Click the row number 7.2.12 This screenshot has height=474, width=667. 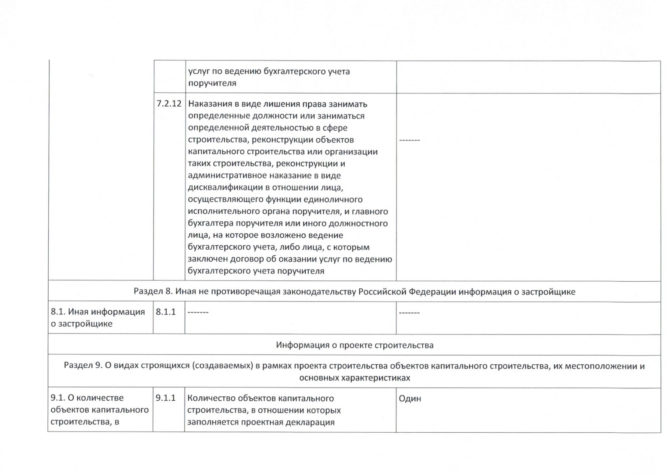pyautogui.click(x=169, y=104)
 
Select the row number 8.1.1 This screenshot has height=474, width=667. pyautogui.click(x=166, y=312)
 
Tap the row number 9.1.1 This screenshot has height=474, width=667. pyautogui.click(x=166, y=398)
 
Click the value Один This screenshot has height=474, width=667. pyautogui.click(x=410, y=399)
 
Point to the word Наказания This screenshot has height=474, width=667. pyautogui.click(x=209, y=104)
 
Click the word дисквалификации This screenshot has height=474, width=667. pyautogui.click(x=225, y=187)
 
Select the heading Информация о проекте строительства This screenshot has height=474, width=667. pyautogui.click(x=354, y=345)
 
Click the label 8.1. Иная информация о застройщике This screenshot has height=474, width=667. pyautogui.click(x=98, y=318)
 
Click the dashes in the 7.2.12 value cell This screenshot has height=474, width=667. pyautogui.click(x=409, y=140)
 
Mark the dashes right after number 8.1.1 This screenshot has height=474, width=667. pyautogui.click(x=198, y=312)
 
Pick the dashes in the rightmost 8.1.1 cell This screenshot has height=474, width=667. pyautogui.click(x=409, y=312)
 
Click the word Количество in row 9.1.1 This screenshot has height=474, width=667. pyautogui.click(x=211, y=399)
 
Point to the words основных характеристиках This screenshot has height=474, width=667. pyautogui.click(x=354, y=378)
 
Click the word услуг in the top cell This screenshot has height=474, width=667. pyautogui.click(x=199, y=72)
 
